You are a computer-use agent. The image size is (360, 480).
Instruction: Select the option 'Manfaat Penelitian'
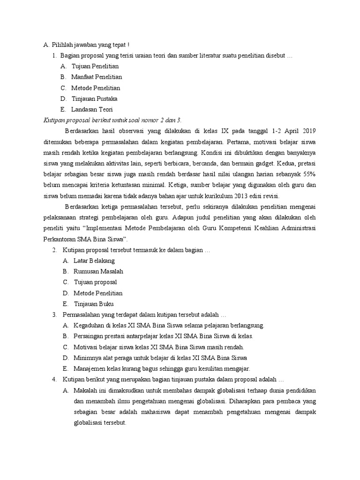click(97, 77)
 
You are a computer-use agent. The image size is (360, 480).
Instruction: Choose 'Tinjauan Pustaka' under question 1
click(94, 99)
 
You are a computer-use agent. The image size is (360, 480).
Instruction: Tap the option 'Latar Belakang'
click(94, 261)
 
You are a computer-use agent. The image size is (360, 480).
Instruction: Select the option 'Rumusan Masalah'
click(98, 271)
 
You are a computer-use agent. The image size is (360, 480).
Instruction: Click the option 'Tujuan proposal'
click(95, 282)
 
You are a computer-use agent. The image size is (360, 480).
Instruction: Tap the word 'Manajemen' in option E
click(90, 368)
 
